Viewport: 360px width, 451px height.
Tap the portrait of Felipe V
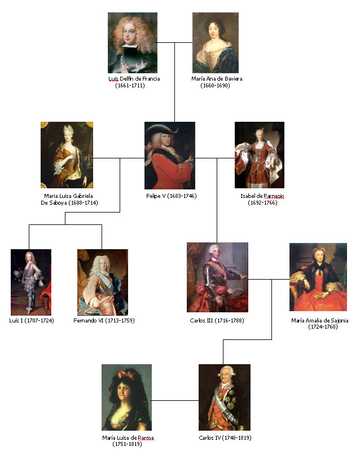click(x=170, y=155)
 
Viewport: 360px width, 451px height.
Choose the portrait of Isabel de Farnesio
click(x=259, y=155)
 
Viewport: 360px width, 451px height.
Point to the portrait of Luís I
click(x=31, y=282)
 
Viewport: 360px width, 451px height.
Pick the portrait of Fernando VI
click(x=102, y=282)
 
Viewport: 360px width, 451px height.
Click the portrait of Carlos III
click(x=217, y=277)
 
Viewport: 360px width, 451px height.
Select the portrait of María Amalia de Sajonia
click(x=318, y=277)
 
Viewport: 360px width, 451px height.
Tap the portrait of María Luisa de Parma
click(x=126, y=397)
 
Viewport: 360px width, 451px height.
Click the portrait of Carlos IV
click(x=224, y=397)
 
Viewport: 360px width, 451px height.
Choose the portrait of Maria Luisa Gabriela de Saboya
click(x=67, y=155)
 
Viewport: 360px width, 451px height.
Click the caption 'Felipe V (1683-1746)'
click(x=170, y=196)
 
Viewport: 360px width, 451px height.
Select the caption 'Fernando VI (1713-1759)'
click(x=104, y=320)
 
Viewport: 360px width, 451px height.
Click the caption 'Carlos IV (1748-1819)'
click(x=225, y=437)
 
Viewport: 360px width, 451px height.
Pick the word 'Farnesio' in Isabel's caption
click(x=271, y=196)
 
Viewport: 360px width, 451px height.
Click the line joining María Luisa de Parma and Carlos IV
click(x=175, y=401)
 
